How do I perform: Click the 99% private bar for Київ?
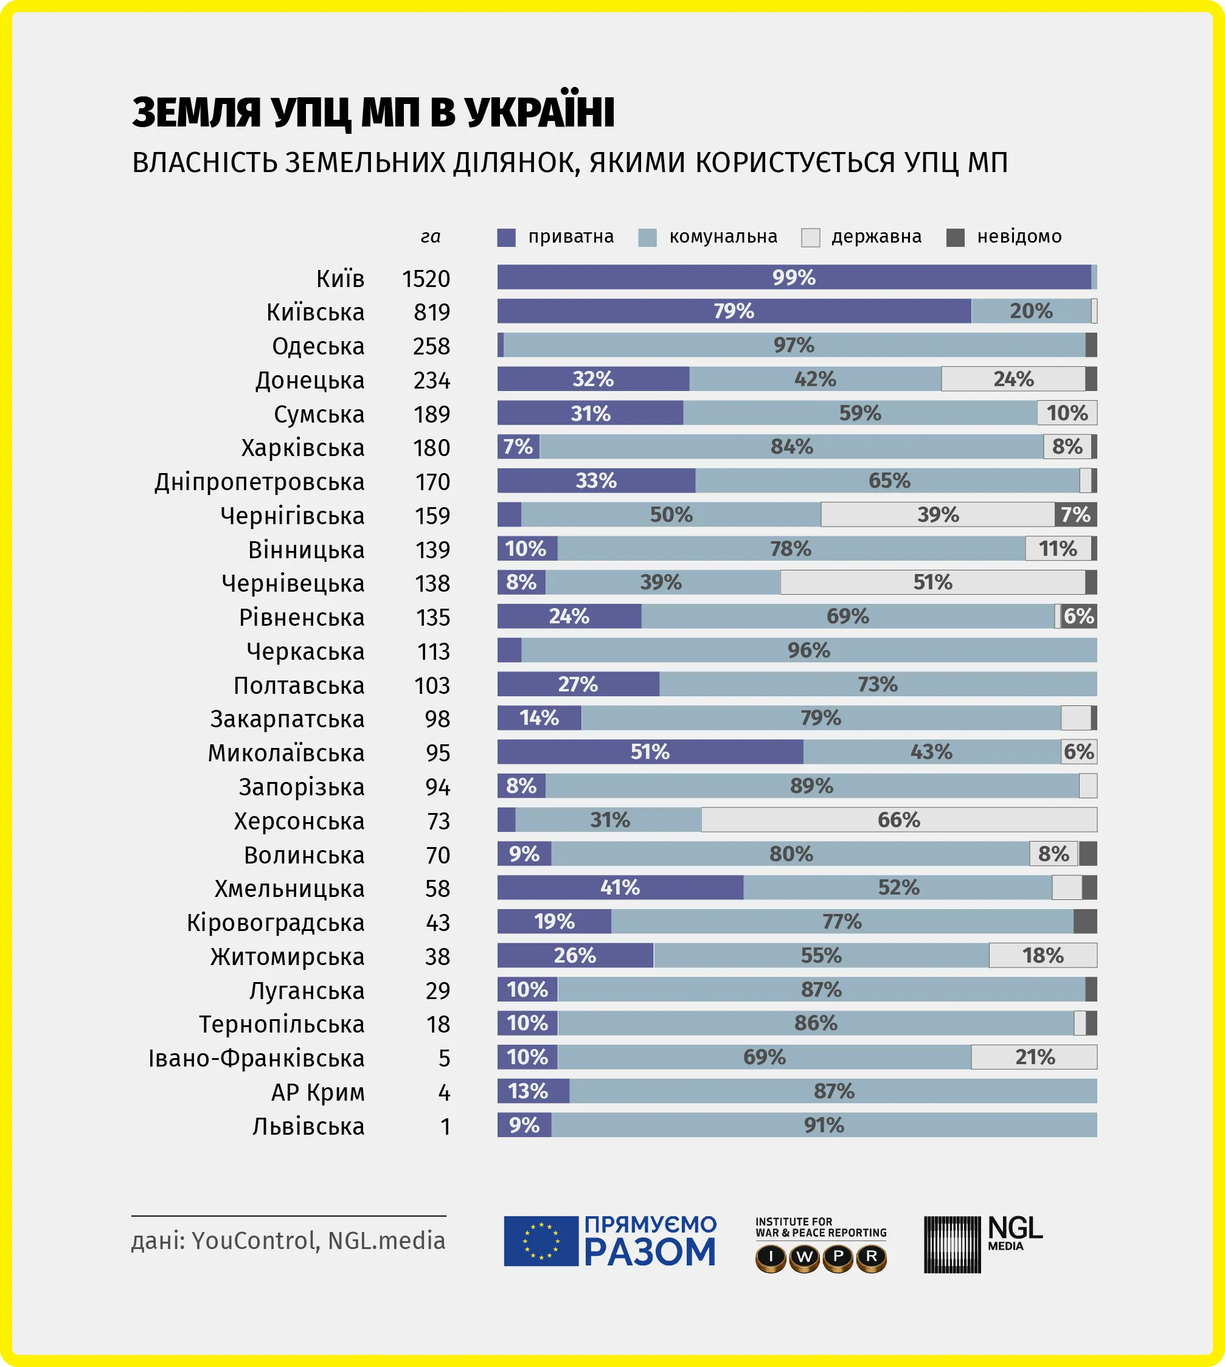794,277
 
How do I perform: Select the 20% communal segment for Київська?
1030,311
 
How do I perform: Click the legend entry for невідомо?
1018,237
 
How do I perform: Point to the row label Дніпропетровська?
259,482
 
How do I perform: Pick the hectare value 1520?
425,279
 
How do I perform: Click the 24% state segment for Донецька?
1013,379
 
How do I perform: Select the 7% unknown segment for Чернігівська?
1075,514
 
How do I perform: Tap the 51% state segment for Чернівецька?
932,582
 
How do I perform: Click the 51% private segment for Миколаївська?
650,752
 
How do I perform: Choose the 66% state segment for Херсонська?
898,819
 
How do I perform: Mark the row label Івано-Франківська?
257,1058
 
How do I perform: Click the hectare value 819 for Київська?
431,312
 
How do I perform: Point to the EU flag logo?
541,1241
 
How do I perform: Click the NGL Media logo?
982,1244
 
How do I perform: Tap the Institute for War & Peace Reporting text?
821,1227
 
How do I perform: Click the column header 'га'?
430,237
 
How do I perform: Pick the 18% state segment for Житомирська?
1042,955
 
